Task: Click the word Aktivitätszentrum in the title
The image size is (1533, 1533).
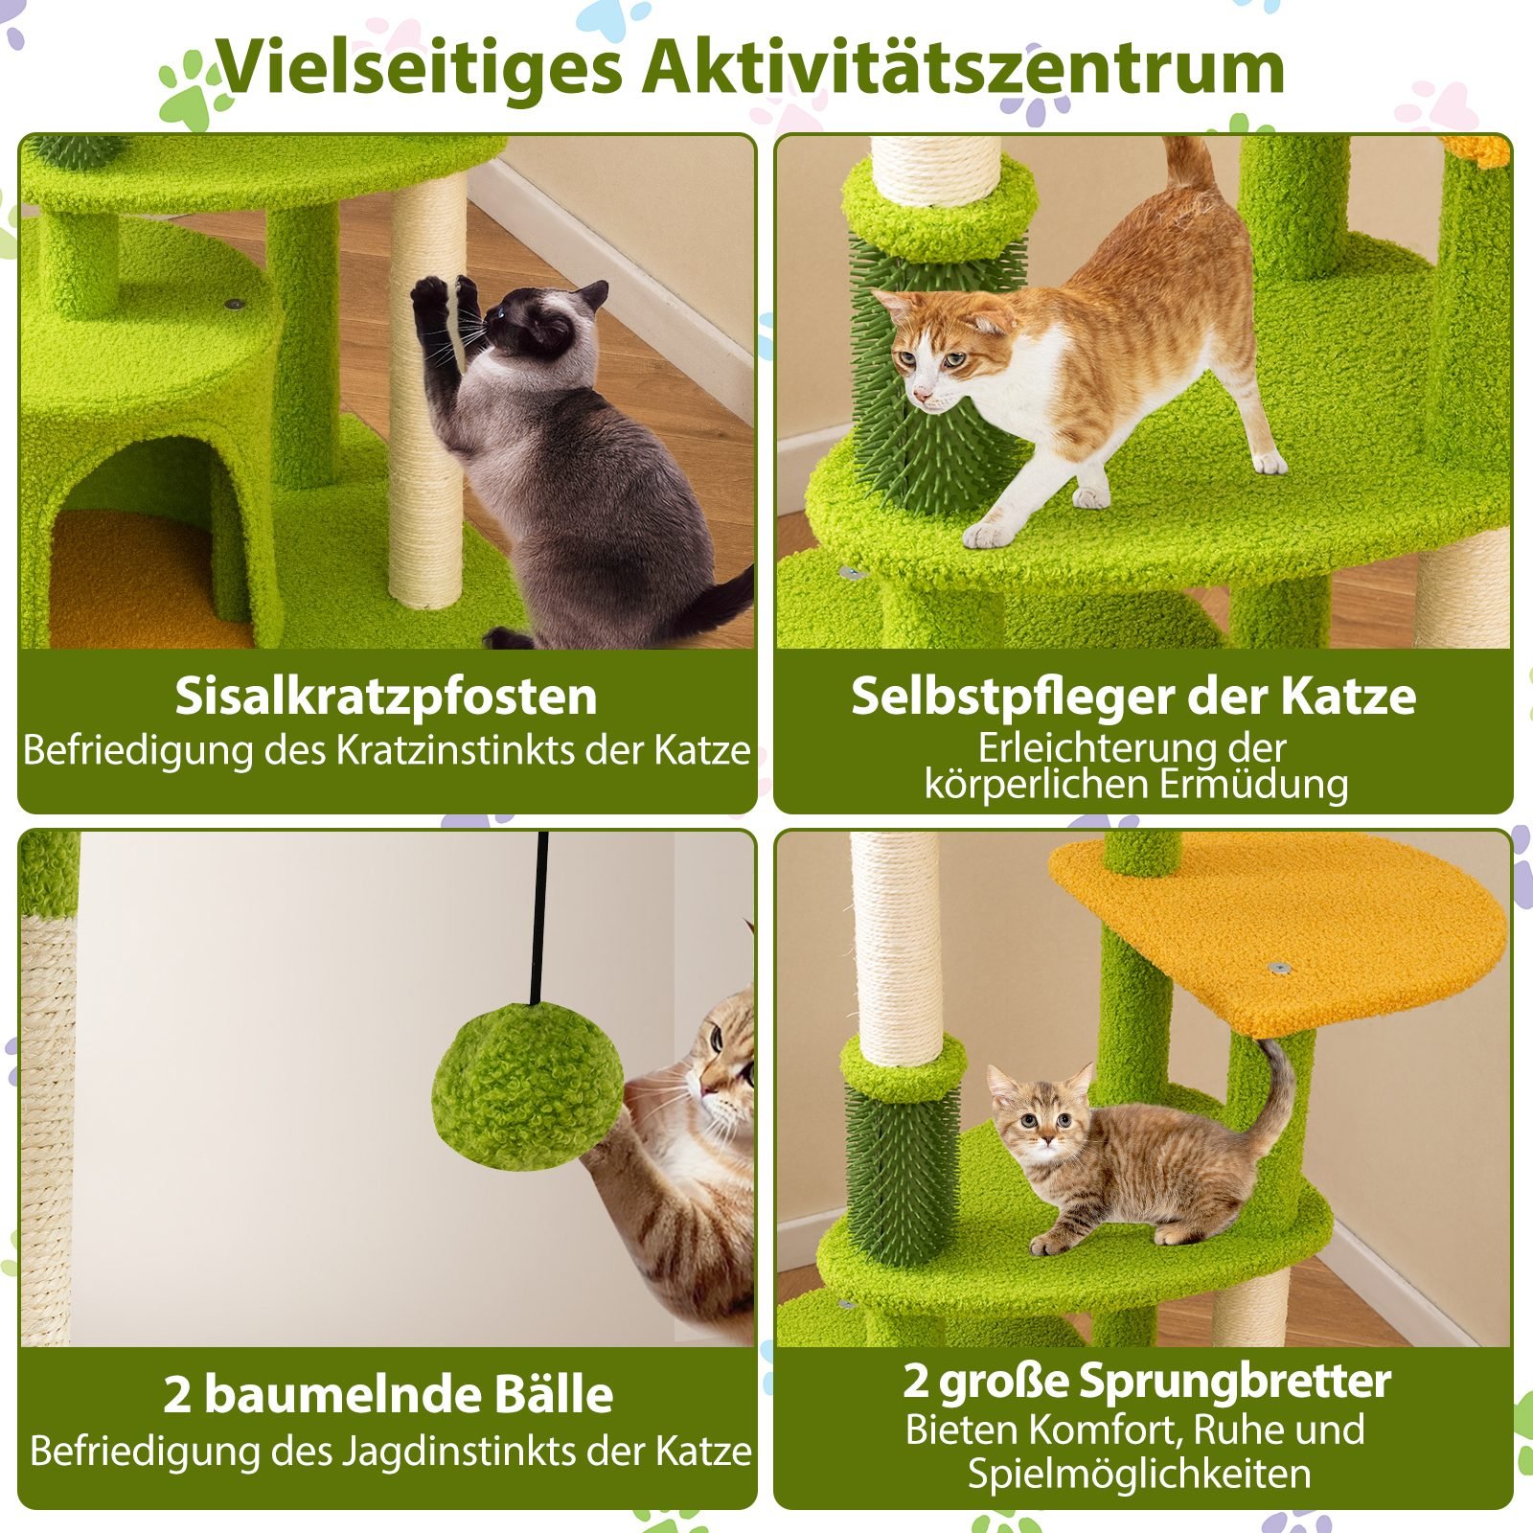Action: click(x=964, y=69)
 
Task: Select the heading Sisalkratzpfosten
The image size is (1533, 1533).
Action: click(x=386, y=697)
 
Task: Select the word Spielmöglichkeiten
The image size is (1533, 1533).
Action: click(x=1139, y=1473)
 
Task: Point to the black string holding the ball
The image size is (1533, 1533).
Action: click(x=539, y=918)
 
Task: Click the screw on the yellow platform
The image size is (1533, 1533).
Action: click(x=1275, y=969)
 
